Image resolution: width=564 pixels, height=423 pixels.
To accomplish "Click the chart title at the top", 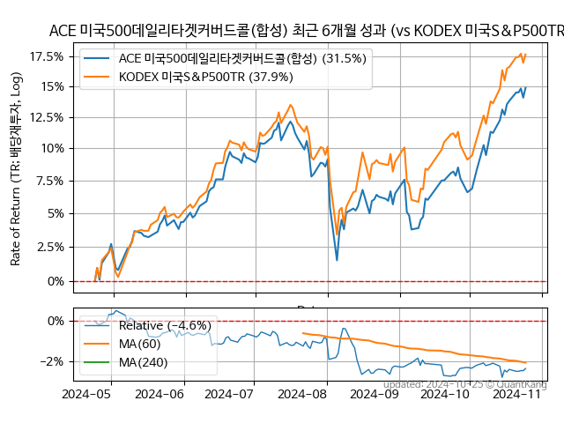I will [306, 31].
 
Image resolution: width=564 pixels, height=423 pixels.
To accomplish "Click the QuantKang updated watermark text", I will [464, 384].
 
